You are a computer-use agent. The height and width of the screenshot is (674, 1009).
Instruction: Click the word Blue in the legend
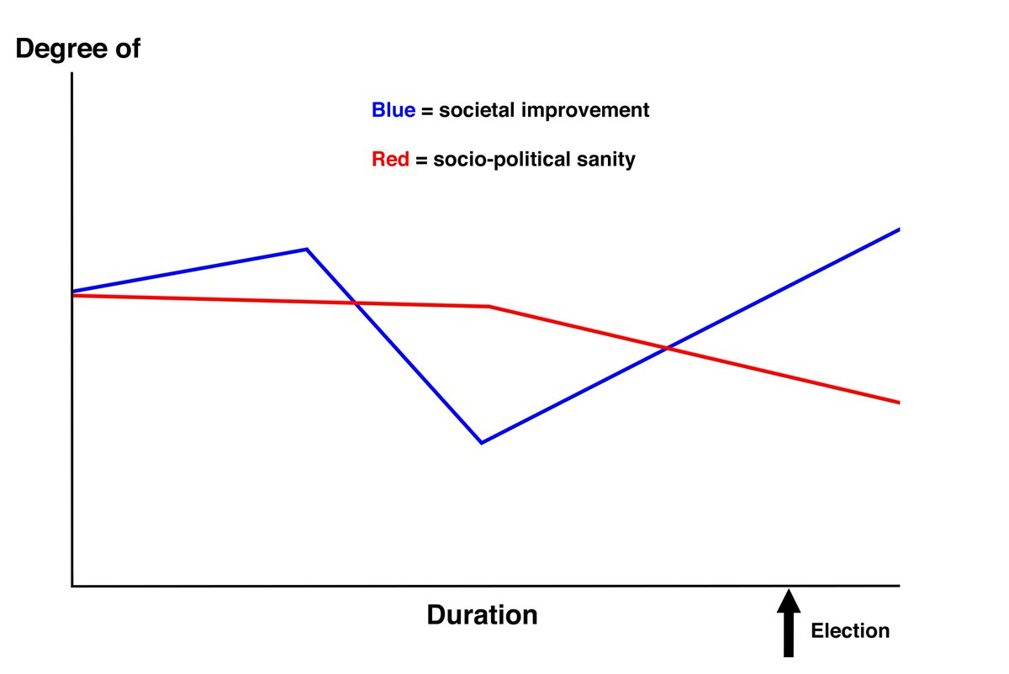(393, 110)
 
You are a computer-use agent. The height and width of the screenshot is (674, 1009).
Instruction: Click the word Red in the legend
(390, 159)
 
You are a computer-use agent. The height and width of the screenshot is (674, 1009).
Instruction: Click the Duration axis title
(482, 614)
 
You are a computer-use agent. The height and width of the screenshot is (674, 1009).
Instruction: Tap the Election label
(849, 630)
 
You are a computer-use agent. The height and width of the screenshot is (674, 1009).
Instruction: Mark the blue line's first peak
(307, 249)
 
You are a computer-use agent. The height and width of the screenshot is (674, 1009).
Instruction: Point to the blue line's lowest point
(481, 442)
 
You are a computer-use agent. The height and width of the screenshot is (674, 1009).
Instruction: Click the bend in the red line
(489, 306)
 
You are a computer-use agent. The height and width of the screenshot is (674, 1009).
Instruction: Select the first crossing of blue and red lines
(356, 303)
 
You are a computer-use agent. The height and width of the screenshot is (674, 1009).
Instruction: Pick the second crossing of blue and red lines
(668, 347)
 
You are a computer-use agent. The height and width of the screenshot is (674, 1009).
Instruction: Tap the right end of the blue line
(899, 229)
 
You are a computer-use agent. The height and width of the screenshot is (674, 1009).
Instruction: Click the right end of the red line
(899, 403)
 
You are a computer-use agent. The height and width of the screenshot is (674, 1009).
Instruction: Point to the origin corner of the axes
(73, 585)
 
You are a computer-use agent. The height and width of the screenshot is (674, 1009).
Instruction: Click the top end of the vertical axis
(73, 75)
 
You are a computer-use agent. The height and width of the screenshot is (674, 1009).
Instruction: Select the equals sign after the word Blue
(425, 111)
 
